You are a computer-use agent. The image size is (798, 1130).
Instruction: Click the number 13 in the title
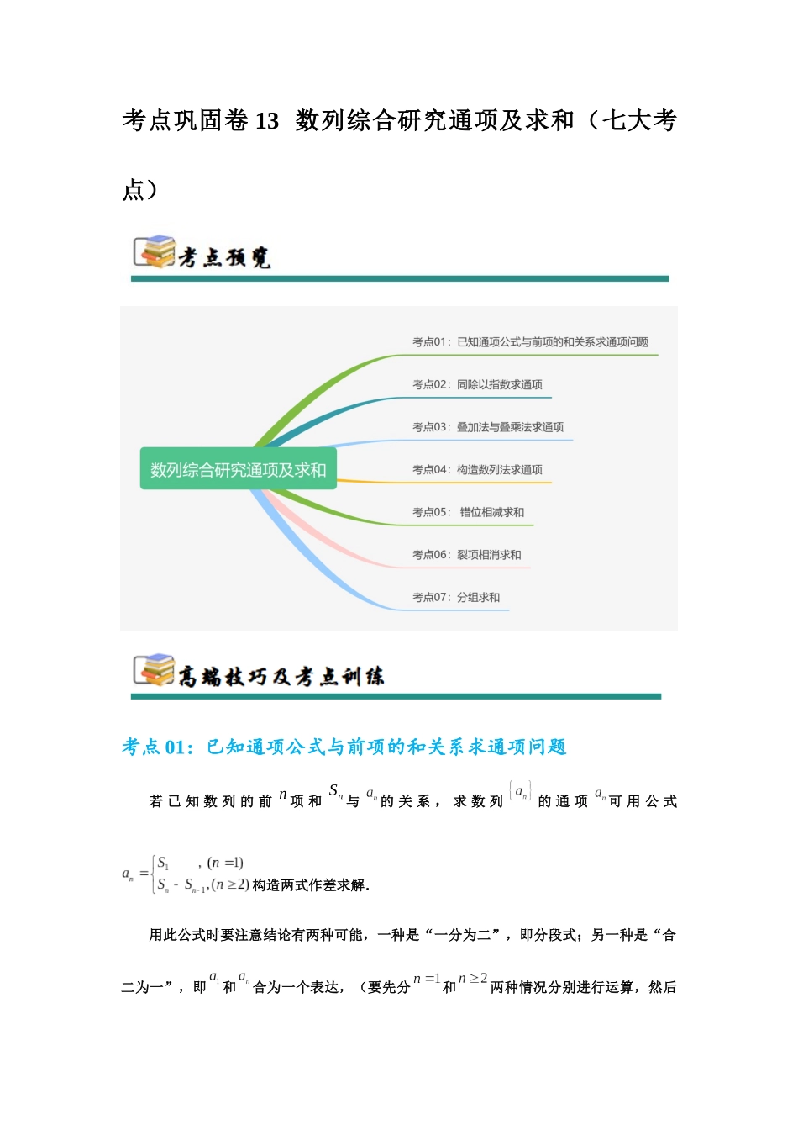[266, 121]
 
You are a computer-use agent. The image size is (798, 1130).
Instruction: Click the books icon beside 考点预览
[155, 251]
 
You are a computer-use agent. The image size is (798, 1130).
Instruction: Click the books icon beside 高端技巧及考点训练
[155, 670]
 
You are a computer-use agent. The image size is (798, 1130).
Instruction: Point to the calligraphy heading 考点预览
[224, 256]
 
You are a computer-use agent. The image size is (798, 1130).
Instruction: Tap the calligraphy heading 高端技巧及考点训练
[281, 675]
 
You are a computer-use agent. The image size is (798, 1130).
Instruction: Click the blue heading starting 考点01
[344, 747]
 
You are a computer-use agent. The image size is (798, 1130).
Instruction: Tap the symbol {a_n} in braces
[520, 792]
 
